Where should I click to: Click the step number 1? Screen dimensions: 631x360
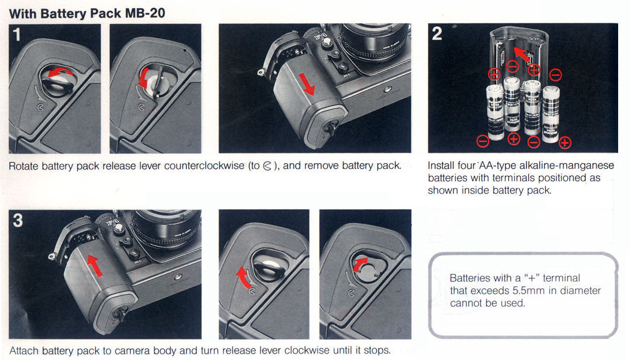click(16, 34)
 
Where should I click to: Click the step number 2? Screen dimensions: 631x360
click(437, 33)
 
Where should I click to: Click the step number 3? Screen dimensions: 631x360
click(18, 220)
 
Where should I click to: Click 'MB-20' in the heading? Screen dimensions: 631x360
click(145, 13)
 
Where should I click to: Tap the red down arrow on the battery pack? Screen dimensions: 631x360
click(308, 85)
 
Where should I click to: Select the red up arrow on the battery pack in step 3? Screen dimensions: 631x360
click(95, 266)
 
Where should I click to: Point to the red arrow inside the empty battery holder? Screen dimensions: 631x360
click(522, 54)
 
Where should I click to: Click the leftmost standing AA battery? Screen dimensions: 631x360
click(495, 112)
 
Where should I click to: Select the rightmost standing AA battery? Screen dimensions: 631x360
click(550, 115)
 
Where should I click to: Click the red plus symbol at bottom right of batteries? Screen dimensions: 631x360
click(565, 143)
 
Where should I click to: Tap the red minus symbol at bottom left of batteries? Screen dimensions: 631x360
click(483, 141)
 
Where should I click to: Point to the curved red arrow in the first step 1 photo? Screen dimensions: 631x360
click(60, 72)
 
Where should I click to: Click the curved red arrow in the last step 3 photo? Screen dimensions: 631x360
click(360, 264)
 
